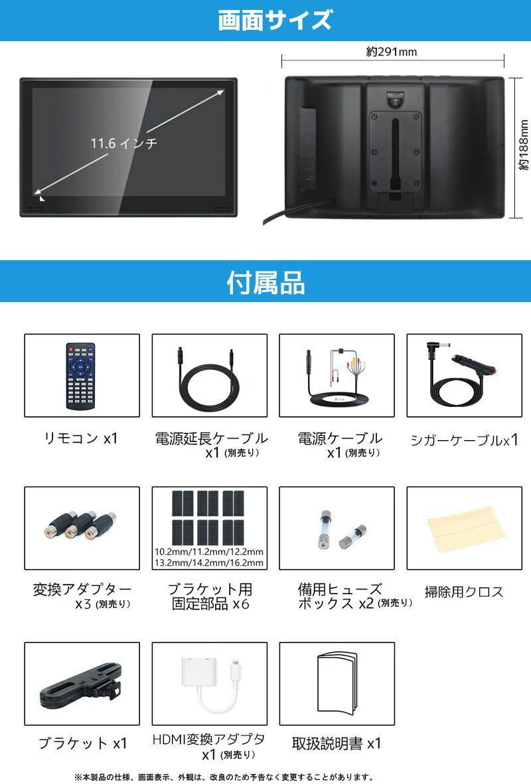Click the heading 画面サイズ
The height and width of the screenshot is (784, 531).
[274, 21]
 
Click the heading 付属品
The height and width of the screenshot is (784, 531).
[265, 283]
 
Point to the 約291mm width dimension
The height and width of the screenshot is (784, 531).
[392, 52]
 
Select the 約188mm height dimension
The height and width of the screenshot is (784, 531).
[523, 149]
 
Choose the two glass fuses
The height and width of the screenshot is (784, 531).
[336, 529]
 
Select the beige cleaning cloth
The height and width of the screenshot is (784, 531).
[463, 524]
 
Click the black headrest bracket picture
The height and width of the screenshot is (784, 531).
[81, 684]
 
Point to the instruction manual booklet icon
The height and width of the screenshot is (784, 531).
[337, 683]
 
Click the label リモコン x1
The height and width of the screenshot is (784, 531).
[80, 438]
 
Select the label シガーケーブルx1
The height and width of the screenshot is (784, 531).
[464, 439]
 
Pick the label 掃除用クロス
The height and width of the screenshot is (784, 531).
[464, 592]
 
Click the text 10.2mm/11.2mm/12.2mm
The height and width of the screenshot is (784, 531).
[209, 552]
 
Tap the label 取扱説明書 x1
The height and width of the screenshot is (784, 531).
[337, 743]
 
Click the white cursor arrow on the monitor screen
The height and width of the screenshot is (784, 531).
[42, 197]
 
